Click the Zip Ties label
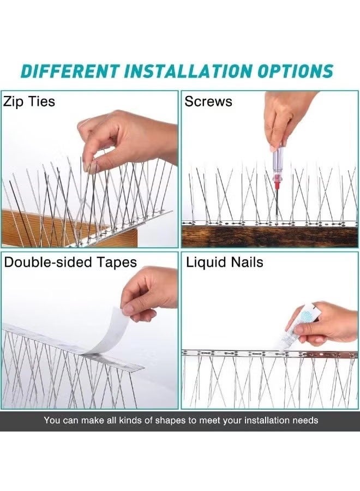pos(29,101)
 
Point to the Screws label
pos(208,101)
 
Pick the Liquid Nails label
pos(224,262)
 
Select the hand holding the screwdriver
pos(286,115)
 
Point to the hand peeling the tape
pos(150,295)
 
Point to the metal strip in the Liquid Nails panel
pos(245,354)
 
